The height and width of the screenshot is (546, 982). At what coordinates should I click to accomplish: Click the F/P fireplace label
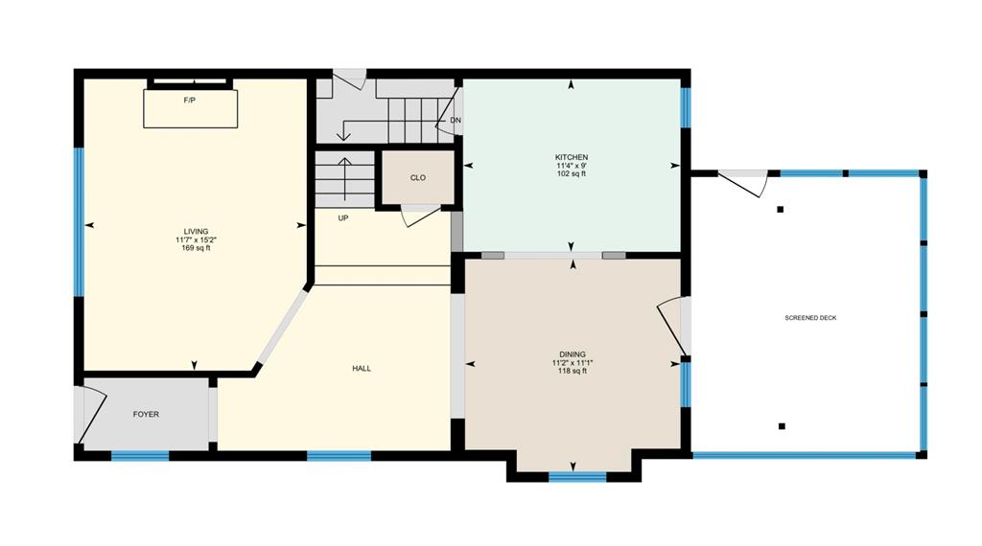(189, 100)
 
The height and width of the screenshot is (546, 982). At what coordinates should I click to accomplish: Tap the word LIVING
(196, 232)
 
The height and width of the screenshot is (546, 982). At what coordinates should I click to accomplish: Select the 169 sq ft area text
(196, 248)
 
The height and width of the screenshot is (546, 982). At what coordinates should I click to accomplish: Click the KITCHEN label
(572, 157)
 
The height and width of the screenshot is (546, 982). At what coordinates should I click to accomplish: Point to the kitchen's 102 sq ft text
(572, 173)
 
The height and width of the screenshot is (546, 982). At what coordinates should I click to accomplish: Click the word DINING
(573, 354)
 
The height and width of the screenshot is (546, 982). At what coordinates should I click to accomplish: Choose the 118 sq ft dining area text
(573, 371)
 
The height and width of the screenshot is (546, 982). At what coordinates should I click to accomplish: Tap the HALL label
(362, 369)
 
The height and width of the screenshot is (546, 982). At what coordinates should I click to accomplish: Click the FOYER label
(146, 414)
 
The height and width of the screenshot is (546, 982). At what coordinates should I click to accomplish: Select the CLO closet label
(418, 177)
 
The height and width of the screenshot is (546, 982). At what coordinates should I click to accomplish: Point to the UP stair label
(343, 218)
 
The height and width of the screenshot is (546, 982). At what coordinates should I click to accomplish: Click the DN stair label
(456, 120)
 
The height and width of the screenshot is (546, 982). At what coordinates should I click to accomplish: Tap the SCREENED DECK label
(810, 318)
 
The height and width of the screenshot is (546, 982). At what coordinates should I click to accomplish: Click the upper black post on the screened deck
(781, 210)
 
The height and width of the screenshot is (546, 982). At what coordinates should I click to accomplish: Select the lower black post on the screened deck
(782, 426)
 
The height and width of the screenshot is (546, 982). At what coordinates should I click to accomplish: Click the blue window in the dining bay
(577, 477)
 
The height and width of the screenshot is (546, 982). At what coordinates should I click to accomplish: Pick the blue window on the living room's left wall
(79, 221)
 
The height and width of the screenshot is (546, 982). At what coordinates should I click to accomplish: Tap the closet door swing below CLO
(421, 216)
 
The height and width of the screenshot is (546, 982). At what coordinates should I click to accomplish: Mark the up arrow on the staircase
(344, 179)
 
